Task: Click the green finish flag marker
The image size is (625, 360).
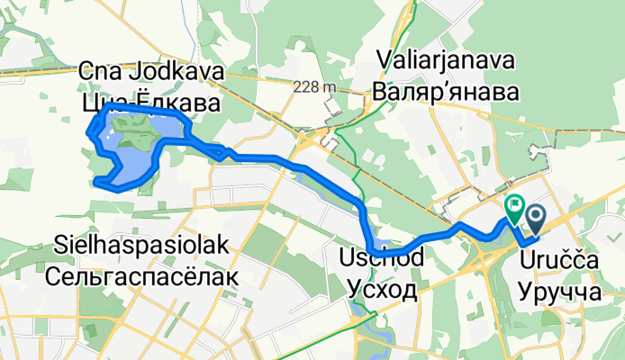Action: pyautogui.click(x=514, y=208)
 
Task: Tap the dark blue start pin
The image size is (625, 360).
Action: pyautogui.click(x=536, y=216)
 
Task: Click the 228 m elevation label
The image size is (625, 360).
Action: pyautogui.click(x=312, y=86)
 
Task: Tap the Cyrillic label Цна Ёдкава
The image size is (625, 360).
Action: pyautogui.click(x=151, y=103)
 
